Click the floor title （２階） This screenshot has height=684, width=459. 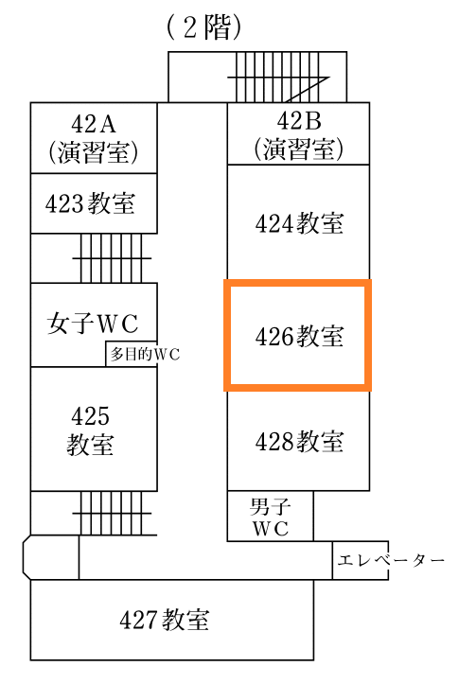coord(203,28)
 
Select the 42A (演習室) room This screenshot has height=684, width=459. coord(94,138)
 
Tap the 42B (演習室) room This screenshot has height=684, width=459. coord(298,133)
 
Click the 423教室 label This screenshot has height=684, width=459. coord(90,203)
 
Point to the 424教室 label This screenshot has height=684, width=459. coord(299,223)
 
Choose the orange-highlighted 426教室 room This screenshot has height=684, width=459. coord(297,335)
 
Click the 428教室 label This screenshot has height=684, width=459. coord(299,441)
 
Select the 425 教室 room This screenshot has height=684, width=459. coord(94,429)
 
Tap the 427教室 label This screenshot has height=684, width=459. coord(165,620)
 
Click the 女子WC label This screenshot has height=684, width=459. coord(93,324)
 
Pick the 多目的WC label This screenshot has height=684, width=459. coord(145,354)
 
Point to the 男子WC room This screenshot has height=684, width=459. coord(270,516)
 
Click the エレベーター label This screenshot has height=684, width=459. coord(391,560)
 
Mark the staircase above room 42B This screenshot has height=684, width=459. coord(279,78)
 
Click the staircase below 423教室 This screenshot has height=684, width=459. coord(112,258)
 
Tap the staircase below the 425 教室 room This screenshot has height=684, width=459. coord(115,513)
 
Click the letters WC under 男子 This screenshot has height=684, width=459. coord(270,528)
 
